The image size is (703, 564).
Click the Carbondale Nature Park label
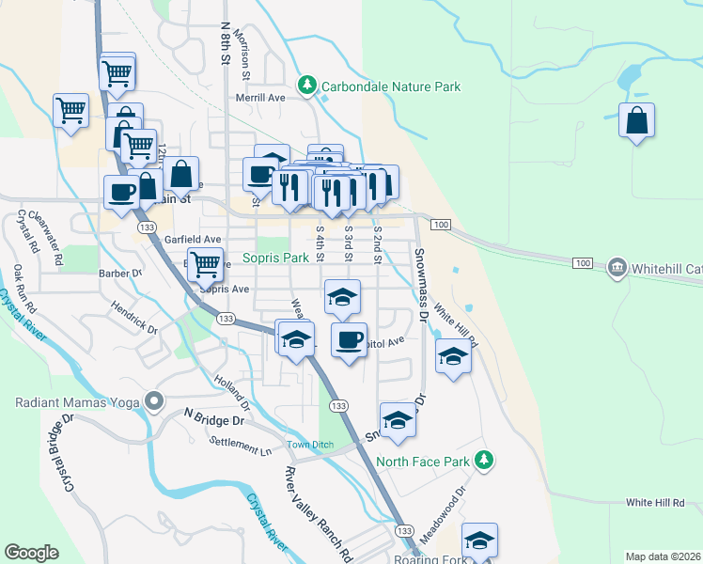[391, 86]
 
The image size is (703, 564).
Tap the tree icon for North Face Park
[484, 460]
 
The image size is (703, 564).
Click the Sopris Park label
[275, 257]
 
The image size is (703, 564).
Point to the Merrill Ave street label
[260, 97]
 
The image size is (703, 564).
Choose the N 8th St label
[225, 44]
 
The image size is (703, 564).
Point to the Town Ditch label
[311, 444]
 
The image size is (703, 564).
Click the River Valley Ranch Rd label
[318, 511]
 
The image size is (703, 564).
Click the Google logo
[31, 553]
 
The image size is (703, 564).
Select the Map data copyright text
[663, 556]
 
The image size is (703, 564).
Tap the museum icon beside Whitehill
[617, 268]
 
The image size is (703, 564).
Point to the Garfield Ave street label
[193, 240]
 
